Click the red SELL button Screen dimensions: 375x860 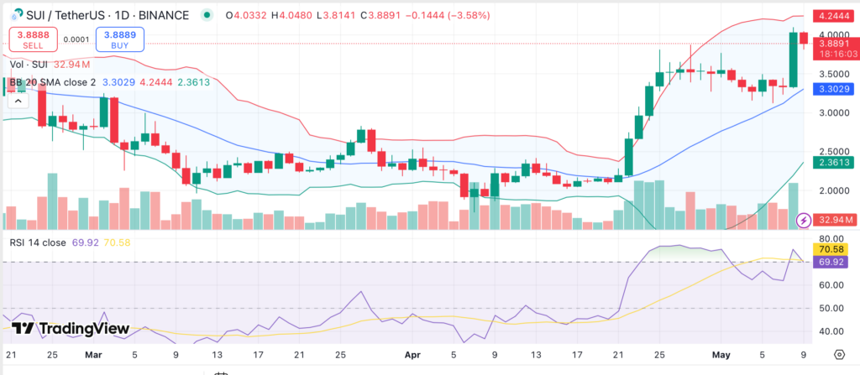pyautogui.click(x=32, y=39)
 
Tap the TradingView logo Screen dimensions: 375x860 pyautogui.click(x=71, y=329)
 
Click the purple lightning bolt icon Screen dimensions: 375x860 pyautogui.click(x=804, y=221)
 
